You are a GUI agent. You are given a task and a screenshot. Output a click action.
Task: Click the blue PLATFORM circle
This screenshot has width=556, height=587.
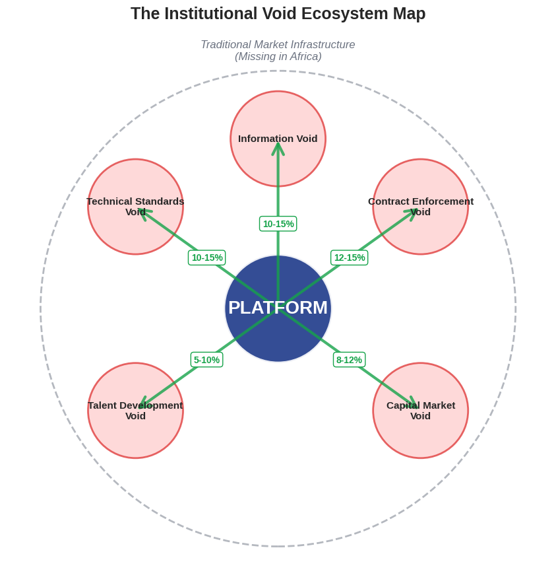[x=278, y=330]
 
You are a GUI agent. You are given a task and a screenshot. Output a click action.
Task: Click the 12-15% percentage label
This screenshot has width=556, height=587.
[x=349, y=258]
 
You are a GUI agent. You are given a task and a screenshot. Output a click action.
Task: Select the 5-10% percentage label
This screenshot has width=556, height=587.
[x=206, y=360]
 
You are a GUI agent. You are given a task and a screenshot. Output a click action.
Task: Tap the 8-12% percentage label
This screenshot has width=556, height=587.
[x=349, y=360]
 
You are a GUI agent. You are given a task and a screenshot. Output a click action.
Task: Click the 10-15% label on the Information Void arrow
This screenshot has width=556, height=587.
[x=278, y=224]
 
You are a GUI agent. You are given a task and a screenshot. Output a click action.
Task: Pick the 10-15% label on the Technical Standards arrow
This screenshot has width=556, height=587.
[x=206, y=258]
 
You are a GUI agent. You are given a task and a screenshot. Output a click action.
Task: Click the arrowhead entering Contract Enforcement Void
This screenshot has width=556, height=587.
[x=412, y=213]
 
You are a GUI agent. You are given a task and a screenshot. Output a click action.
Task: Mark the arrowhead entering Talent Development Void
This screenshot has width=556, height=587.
[x=144, y=403]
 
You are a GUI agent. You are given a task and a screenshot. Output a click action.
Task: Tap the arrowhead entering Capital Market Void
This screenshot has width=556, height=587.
[x=413, y=403]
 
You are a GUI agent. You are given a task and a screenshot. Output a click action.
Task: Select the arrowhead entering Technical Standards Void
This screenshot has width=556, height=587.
[x=144, y=213]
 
